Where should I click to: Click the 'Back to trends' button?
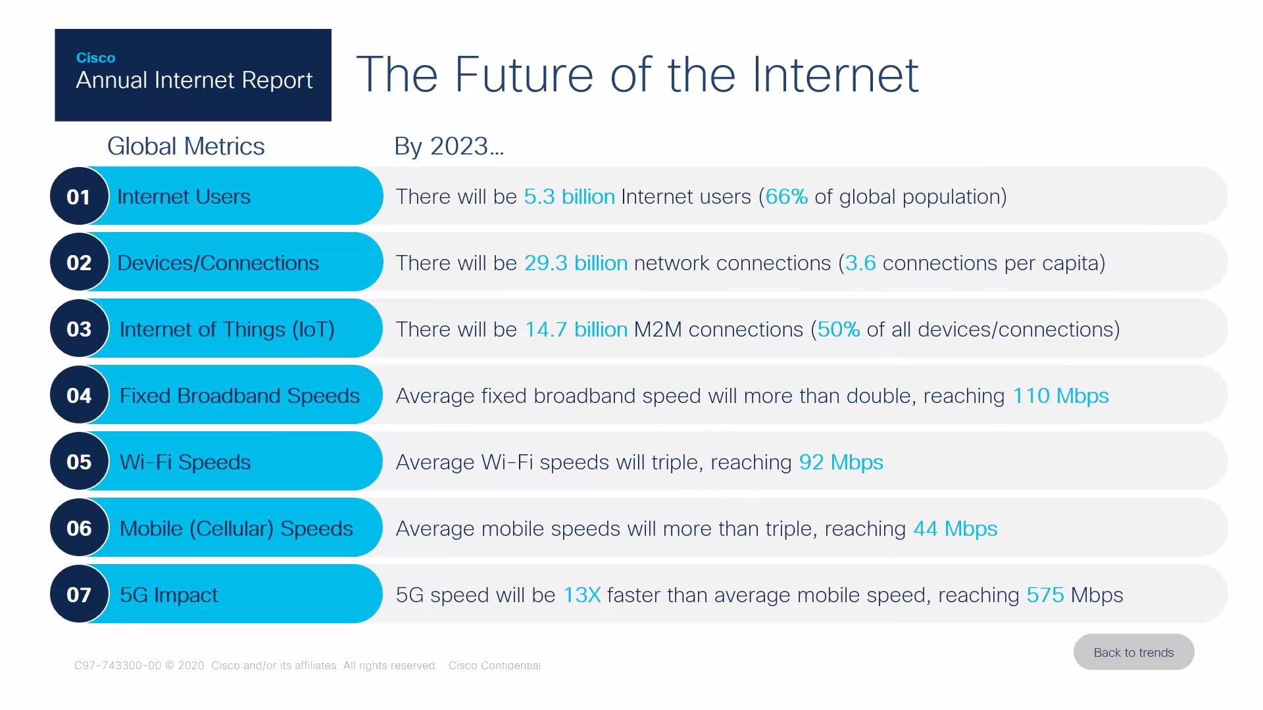point(1133,652)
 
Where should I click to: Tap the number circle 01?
point(79,197)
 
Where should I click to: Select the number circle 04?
point(79,395)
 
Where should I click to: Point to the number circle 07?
point(79,594)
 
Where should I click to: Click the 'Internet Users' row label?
point(184,197)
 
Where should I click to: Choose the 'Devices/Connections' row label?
point(218,263)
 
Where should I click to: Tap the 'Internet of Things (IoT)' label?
point(227,329)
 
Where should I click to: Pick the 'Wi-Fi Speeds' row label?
point(185,462)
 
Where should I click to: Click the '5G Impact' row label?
point(168,595)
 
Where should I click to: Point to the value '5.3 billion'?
point(570,197)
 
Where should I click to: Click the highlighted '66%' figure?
point(787,197)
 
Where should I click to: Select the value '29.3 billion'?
point(576,263)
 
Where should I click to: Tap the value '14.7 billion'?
point(576,329)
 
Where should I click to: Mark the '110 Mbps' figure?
point(1061,396)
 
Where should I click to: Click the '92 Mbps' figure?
point(841,462)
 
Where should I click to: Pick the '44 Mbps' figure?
point(956,529)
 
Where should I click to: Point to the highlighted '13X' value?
point(582,595)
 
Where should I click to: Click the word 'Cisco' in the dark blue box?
point(95,58)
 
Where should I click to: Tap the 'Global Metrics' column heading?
point(186,146)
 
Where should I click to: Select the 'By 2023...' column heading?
point(449,146)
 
